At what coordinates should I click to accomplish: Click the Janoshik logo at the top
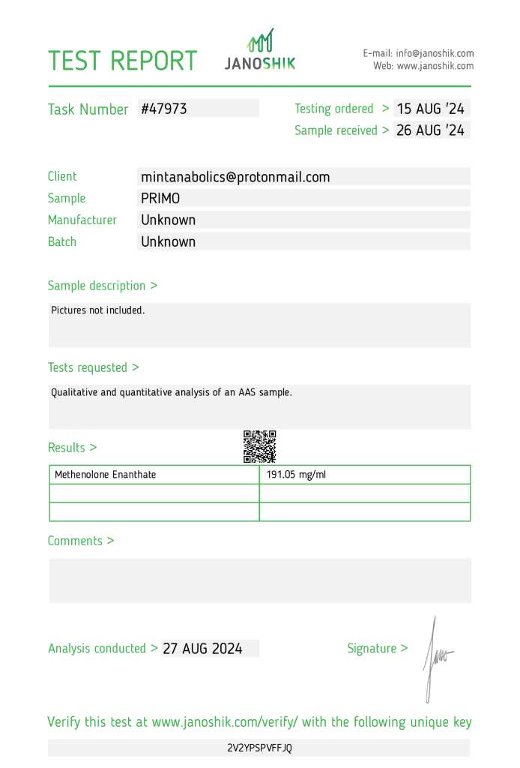tap(260, 50)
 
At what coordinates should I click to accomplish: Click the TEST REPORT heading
tap(123, 61)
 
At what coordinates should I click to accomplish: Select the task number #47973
tap(164, 109)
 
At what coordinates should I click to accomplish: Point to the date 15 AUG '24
tap(431, 109)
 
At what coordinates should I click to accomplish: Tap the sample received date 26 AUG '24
tap(431, 130)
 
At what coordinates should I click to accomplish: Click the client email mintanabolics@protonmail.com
tap(235, 177)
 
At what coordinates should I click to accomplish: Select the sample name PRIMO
tap(160, 199)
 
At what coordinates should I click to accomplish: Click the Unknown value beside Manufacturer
tap(169, 220)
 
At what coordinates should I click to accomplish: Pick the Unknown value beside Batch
tap(169, 242)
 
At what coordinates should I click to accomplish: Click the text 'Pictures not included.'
tap(97, 310)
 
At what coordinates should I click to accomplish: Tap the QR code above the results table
tap(260, 446)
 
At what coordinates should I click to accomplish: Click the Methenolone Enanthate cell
tap(106, 475)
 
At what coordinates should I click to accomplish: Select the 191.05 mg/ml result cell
tap(297, 475)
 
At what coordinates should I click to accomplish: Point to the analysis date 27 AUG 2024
tap(202, 649)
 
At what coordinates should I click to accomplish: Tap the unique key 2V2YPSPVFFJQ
tap(260, 748)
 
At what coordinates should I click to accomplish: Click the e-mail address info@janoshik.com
tap(435, 53)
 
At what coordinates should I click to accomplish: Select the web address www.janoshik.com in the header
tap(435, 66)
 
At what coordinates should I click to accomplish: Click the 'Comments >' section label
tap(81, 541)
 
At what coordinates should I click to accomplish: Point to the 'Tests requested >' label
tap(93, 367)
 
